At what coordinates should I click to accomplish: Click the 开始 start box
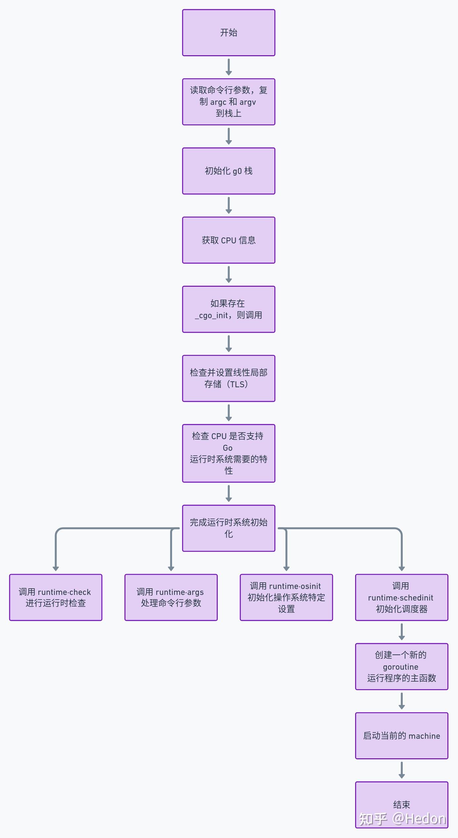pyautogui.click(x=228, y=33)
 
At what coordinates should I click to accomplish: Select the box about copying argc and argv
pyautogui.click(x=228, y=102)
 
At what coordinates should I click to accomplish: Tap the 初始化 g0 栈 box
pyautogui.click(x=228, y=171)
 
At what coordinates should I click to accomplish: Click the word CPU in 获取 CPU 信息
pyautogui.click(x=228, y=240)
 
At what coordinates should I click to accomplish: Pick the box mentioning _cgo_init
pyautogui.click(x=228, y=309)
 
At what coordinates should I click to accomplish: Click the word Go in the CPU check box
pyautogui.click(x=228, y=448)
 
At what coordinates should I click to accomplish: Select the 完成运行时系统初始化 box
pyautogui.click(x=228, y=528)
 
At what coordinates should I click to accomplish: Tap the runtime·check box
pyautogui.click(x=56, y=597)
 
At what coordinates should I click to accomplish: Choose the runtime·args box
pyautogui.click(x=171, y=597)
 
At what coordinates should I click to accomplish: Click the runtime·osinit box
pyautogui.click(x=286, y=597)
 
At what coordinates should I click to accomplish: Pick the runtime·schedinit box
pyautogui.click(x=401, y=597)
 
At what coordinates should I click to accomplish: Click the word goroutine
pyautogui.click(x=400, y=667)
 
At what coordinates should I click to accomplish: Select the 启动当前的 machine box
pyautogui.click(x=401, y=736)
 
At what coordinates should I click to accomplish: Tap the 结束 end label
pyautogui.click(x=401, y=804)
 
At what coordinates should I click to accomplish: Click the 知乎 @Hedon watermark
pyautogui.click(x=402, y=819)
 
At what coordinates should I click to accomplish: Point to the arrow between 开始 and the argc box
pyautogui.click(x=228, y=67)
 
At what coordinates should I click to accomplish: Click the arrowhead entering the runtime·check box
pyautogui.click(x=56, y=568)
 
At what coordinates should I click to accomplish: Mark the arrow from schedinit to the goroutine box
pyautogui.click(x=401, y=632)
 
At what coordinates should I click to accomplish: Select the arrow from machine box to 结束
pyautogui.click(x=401, y=770)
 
